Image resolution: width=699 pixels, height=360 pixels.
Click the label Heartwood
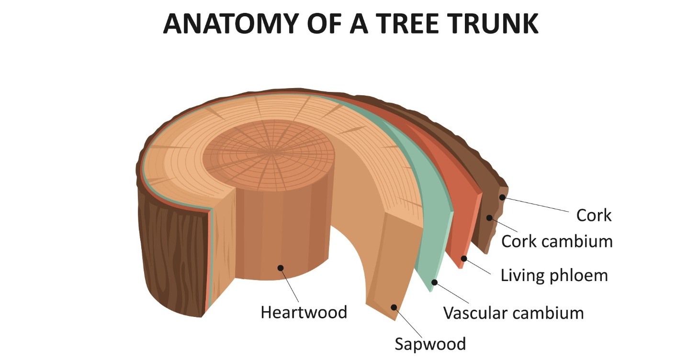coord(304,313)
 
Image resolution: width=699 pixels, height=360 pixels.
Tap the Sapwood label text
coord(430,344)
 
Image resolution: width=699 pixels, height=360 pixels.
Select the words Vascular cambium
coord(513,313)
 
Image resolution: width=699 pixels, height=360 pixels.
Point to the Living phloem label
coord(554,275)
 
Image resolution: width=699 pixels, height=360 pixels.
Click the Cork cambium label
coord(557,241)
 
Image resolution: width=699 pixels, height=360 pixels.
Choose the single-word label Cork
coord(594,215)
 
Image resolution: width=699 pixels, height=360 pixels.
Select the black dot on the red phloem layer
coord(463,259)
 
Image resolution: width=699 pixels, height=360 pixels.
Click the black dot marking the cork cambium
coord(489,218)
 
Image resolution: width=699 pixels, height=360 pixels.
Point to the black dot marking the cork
coord(502,197)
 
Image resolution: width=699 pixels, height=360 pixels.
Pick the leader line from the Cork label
coord(536,204)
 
